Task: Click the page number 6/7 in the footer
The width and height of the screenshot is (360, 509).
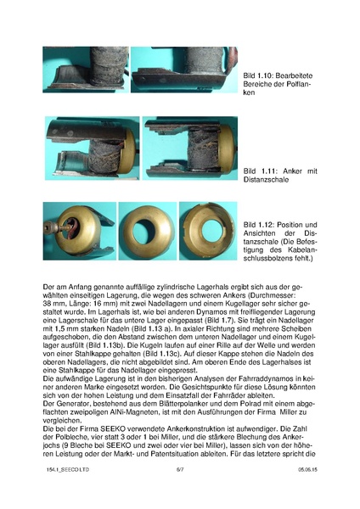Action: click(180, 492)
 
